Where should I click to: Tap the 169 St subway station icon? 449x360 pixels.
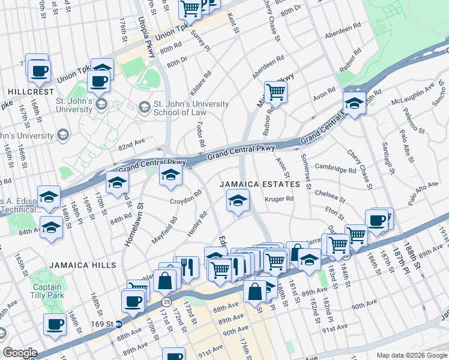(x=119, y=325)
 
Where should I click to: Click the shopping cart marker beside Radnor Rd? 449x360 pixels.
(x=276, y=92)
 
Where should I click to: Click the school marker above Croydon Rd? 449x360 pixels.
(x=170, y=175)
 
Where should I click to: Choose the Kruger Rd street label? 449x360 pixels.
(x=280, y=199)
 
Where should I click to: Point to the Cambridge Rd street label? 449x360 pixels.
(x=336, y=170)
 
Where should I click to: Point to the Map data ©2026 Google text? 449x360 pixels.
(x=412, y=355)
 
